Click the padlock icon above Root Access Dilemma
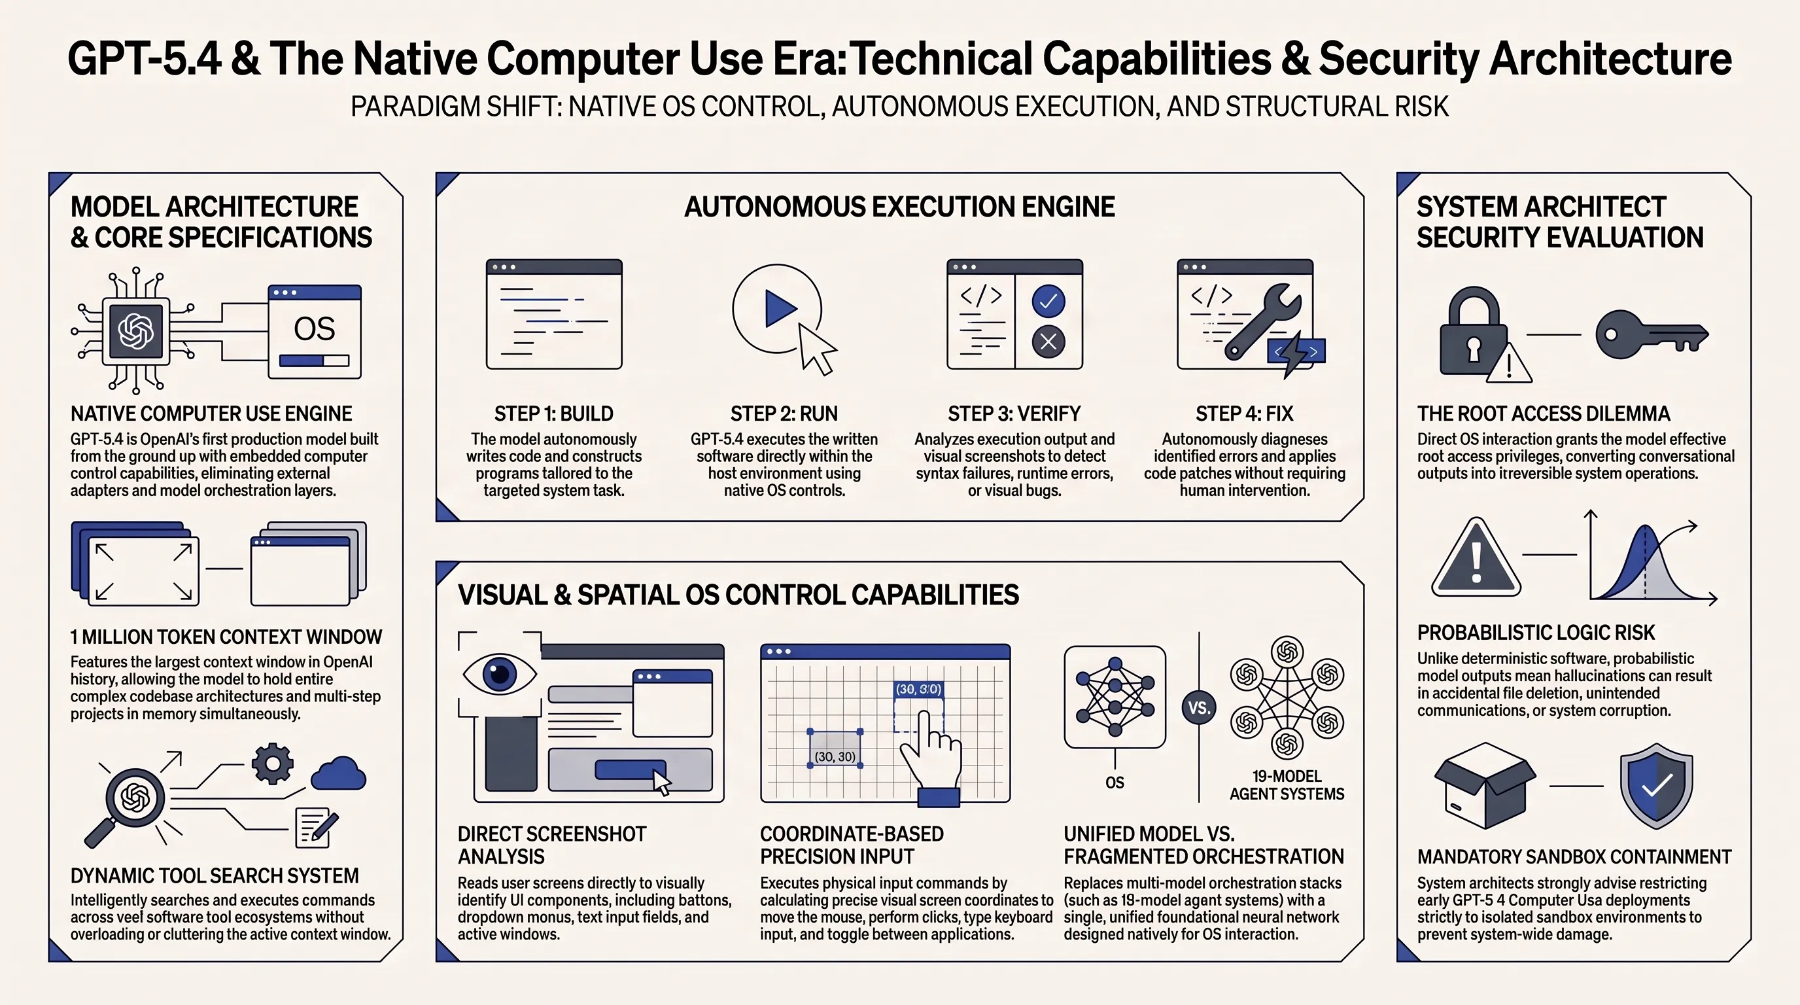coord(1473,334)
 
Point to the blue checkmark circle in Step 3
coord(1048,301)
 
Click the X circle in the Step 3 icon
coord(1048,342)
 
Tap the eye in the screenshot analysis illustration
coord(500,674)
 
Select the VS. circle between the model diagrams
coord(1199,708)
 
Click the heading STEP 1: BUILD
coord(553,414)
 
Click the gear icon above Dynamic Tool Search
coord(273,764)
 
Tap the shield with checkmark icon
coord(1656,786)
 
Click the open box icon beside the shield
coord(1485,786)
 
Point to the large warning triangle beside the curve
coord(1476,557)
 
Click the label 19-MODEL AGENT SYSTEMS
coord(1287,785)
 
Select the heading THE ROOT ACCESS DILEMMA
coord(1544,414)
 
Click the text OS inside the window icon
coord(315,329)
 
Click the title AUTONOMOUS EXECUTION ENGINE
coord(899,207)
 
